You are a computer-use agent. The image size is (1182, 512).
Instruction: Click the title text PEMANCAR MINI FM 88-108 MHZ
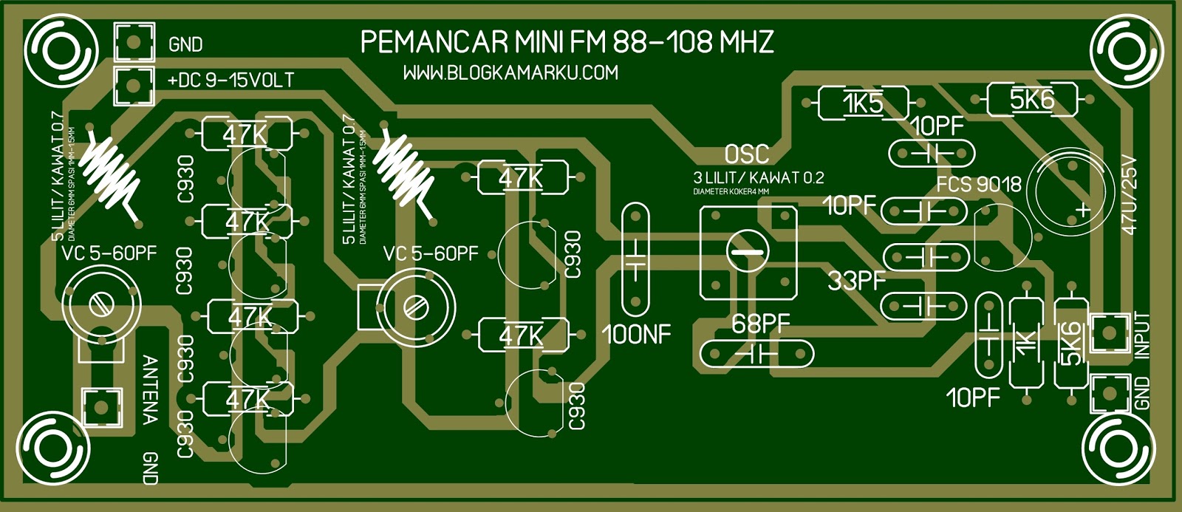click(567, 42)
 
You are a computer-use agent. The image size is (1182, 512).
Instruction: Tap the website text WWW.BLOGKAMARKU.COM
click(510, 73)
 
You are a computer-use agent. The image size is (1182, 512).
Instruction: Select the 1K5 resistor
click(863, 103)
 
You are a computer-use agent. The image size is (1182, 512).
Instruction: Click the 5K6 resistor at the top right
click(1031, 99)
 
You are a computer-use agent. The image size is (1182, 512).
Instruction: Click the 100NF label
click(636, 335)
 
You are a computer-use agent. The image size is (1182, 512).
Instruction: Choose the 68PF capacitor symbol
click(756, 354)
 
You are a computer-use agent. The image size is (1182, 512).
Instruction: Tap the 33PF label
click(856, 281)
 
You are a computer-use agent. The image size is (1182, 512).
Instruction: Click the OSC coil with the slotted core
click(748, 253)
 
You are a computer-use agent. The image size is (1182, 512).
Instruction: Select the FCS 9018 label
click(979, 184)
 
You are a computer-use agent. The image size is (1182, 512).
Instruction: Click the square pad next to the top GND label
click(134, 42)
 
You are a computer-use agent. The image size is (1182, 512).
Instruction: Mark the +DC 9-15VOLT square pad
click(134, 86)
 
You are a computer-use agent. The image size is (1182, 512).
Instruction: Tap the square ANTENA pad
click(100, 406)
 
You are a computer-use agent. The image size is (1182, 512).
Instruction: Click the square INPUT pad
click(1110, 333)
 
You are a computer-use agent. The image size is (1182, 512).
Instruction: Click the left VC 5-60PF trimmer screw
click(100, 303)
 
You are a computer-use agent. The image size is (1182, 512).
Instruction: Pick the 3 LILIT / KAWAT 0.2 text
click(758, 177)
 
